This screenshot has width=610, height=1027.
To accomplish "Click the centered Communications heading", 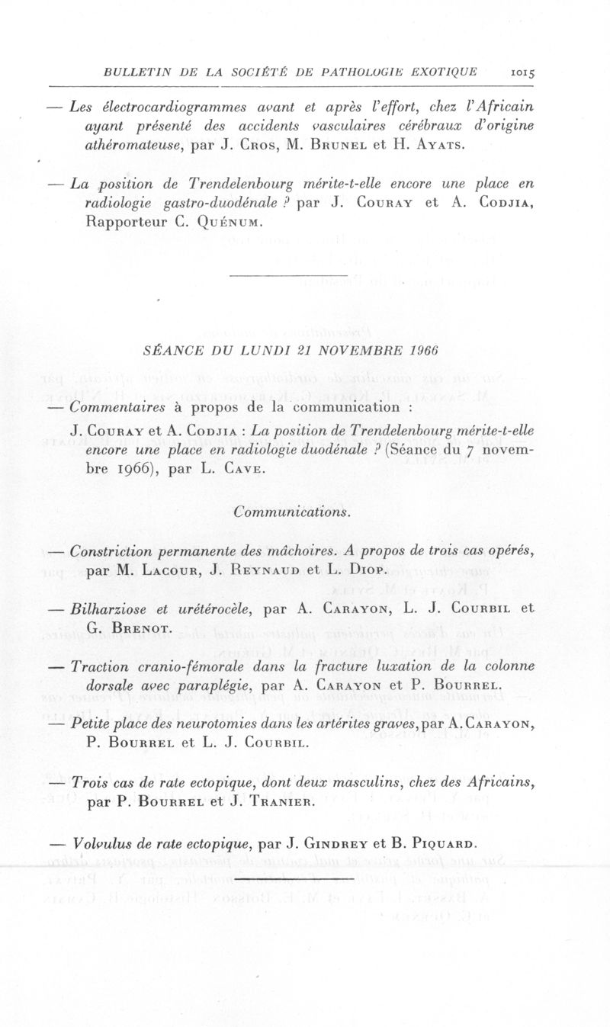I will [x=292, y=512].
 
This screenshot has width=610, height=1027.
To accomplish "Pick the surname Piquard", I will [x=437, y=844].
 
